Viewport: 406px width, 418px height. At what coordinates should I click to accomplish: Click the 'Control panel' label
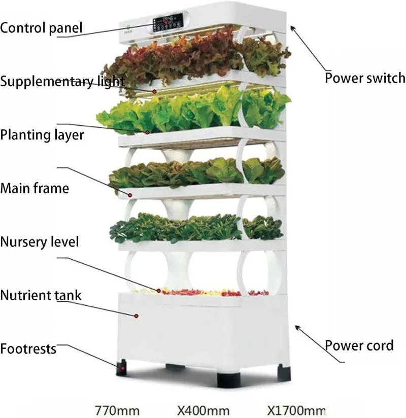point(41,27)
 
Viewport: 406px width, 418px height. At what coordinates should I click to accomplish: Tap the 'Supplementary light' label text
point(62,81)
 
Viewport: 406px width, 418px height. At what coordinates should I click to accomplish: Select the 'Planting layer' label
point(42,135)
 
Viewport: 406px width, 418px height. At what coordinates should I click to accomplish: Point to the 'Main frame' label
point(34,189)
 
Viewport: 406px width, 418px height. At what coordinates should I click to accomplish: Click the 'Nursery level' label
point(40,241)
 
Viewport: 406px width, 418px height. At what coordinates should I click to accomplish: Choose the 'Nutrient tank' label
point(41,295)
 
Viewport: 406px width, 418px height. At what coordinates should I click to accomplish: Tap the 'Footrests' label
point(28,349)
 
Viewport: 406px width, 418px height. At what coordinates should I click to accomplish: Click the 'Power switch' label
point(364,78)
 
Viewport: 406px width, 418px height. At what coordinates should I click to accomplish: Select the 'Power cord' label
point(359,345)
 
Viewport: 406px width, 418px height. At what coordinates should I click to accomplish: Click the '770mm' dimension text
point(116,409)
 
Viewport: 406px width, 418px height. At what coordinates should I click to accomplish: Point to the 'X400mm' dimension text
point(203,409)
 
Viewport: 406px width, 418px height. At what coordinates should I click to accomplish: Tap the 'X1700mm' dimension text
point(295,409)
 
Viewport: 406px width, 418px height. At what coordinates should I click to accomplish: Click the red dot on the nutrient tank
point(136,316)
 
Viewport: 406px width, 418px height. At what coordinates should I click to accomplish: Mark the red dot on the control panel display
point(165,23)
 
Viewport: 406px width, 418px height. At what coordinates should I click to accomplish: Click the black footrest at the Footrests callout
point(122,368)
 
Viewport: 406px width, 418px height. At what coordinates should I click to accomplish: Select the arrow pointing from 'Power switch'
point(309,46)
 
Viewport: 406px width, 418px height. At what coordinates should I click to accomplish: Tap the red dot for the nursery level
point(159,291)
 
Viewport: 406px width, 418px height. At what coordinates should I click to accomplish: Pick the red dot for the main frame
point(130,194)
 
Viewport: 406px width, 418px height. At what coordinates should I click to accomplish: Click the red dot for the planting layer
point(148,132)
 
